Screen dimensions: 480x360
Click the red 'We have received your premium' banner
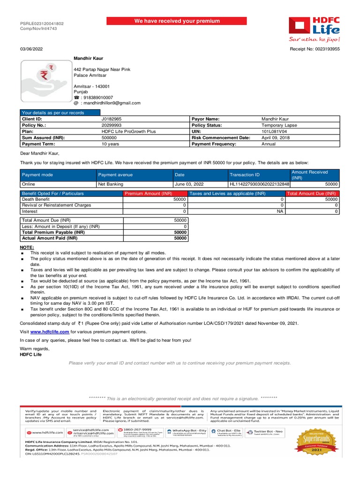[x=177, y=21]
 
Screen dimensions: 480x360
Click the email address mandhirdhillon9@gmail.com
[x=110, y=103]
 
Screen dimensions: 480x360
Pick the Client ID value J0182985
[x=111, y=119]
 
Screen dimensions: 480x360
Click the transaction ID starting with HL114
[x=259, y=185]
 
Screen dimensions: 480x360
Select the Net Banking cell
[x=110, y=185]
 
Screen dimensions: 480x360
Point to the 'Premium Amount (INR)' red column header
[x=148, y=193]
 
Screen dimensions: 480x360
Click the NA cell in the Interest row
[x=280, y=211]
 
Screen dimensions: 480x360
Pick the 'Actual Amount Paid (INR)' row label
[x=49, y=238]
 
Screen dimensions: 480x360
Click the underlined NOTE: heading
[x=27, y=247]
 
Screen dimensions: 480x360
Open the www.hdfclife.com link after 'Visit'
[x=50, y=331]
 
